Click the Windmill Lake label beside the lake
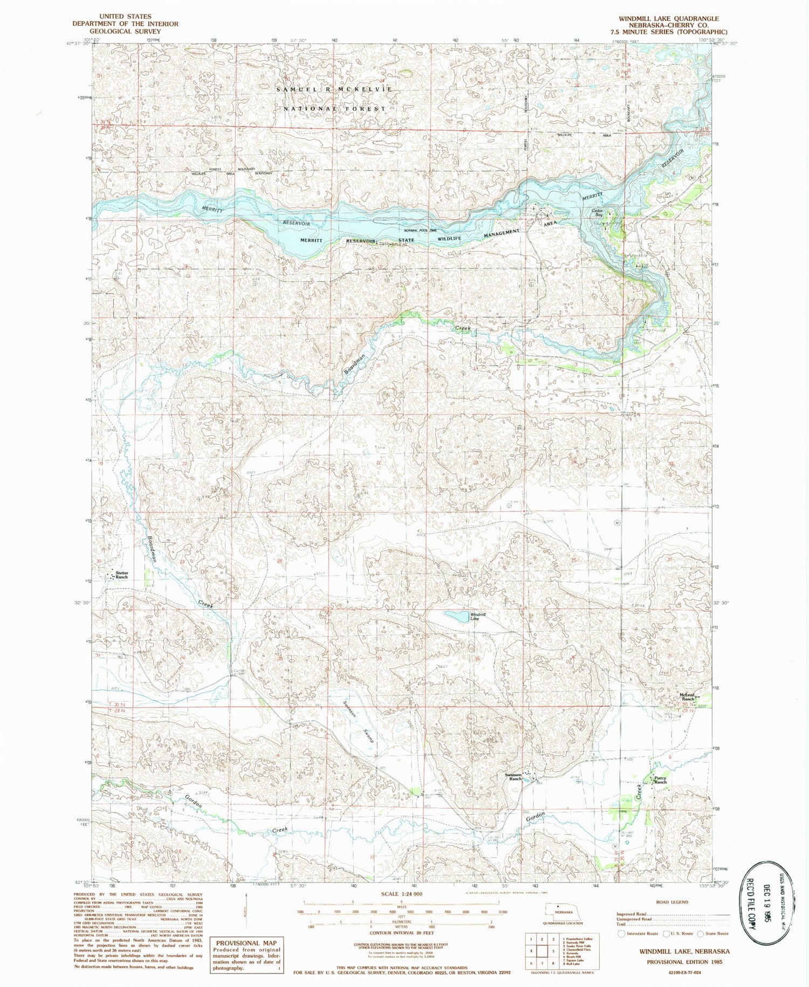click(475, 616)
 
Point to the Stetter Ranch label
click(121, 575)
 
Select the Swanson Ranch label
click(513, 777)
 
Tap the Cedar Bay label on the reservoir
click(597, 212)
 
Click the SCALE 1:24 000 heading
click(401, 894)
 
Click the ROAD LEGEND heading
click(673, 902)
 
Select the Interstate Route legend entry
click(639, 933)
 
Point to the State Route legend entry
click(713, 933)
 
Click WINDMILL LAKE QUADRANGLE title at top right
click(669, 18)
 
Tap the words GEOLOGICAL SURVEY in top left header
click(125, 31)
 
